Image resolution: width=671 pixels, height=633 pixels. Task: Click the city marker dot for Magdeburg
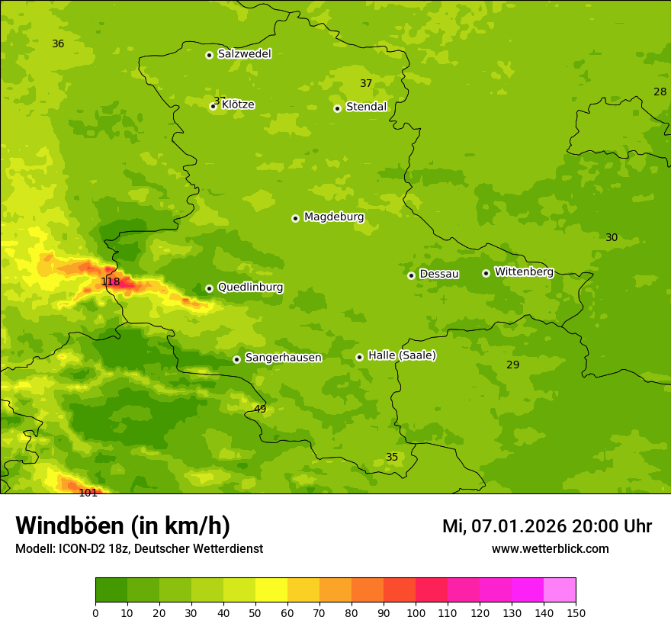pyautogui.click(x=295, y=218)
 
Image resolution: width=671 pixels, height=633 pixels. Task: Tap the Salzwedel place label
pyautogui.click(x=244, y=54)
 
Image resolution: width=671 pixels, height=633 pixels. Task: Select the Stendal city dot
pyautogui.click(x=337, y=108)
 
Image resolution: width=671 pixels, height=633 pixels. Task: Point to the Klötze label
pyautogui.click(x=238, y=104)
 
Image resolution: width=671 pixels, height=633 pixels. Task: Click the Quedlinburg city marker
pyautogui.click(x=209, y=288)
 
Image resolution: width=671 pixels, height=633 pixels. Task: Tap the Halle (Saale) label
pyautogui.click(x=402, y=355)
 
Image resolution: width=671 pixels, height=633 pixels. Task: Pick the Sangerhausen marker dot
pyautogui.click(x=236, y=359)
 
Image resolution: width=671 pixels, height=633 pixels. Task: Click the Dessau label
pyautogui.click(x=439, y=274)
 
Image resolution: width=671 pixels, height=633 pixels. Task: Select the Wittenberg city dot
pyautogui.click(x=486, y=273)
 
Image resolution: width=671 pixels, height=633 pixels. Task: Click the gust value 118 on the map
pyautogui.click(x=111, y=282)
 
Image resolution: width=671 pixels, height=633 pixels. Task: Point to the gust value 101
pyautogui.click(x=88, y=493)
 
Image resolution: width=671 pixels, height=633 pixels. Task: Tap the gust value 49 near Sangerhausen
pyautogui.click(x=260, y=410)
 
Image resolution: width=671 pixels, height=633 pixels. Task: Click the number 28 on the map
pyautogui.click(x=660, y=92)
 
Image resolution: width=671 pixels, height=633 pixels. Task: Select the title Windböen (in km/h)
pyautogui.click(x=123, y=525)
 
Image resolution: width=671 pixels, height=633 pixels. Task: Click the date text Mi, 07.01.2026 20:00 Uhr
pyautogui.click(x=547, y=526)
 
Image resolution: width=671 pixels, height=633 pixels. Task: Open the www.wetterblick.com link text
pyautogui.click(x=550, y=548)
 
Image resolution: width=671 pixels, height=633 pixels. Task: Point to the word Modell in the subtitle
pyautogui.click(x=34, y=549)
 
